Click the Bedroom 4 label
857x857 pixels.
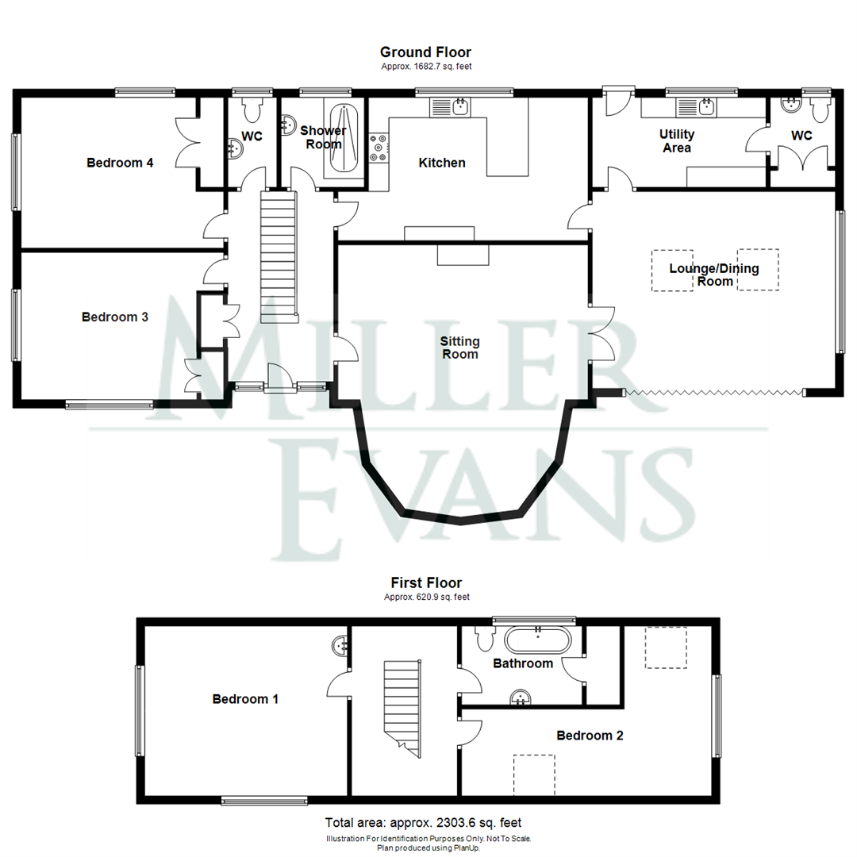tap(120, 163)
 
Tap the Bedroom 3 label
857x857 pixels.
tap(115, 317)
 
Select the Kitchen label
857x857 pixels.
tap(442, 163)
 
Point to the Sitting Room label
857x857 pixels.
tap(460, 348)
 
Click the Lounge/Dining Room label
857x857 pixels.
tap(714, 275)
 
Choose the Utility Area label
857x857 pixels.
tap(677, 141)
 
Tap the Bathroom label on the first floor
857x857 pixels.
tap(523, 663)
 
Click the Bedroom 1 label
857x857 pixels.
tap(245, 699)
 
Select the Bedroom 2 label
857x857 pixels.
tap(590, 736)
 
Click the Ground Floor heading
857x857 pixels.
tap(426, 52)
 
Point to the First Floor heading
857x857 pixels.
tap(426, 582)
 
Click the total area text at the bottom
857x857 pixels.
tap(424, 823)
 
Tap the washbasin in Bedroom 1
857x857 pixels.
tap(340, 646)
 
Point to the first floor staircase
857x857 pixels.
tap(403, 709)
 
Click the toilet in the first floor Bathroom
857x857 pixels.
tap(486, 638)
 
